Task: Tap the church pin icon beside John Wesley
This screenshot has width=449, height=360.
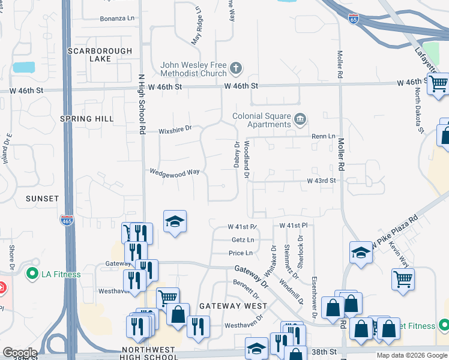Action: point(236,68)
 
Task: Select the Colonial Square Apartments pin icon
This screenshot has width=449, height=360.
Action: point(300,121)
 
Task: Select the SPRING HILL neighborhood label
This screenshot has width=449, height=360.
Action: point(87,119)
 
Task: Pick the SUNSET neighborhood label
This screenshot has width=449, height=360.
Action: point(42,198)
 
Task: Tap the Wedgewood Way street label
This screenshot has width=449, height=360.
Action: point(175,172)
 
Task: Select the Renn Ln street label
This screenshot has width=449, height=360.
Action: point(323,136)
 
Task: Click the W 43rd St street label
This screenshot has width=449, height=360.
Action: point(319,181)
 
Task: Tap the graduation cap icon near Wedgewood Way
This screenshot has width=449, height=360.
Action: point(175,222)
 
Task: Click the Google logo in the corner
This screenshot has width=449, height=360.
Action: point(19,353)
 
